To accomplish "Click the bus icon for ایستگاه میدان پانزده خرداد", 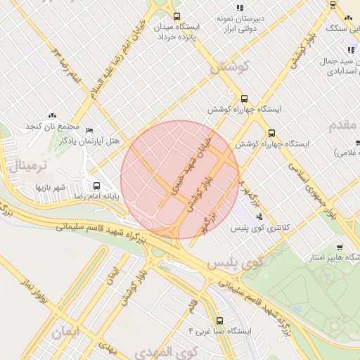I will [x=176, y=16].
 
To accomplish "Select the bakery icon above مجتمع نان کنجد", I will [x=52, y=115].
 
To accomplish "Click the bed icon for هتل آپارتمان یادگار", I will [x=89, y=131].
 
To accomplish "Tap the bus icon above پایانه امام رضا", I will [x=96, y=187].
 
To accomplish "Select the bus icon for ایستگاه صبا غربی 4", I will [x=219, y=320].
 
